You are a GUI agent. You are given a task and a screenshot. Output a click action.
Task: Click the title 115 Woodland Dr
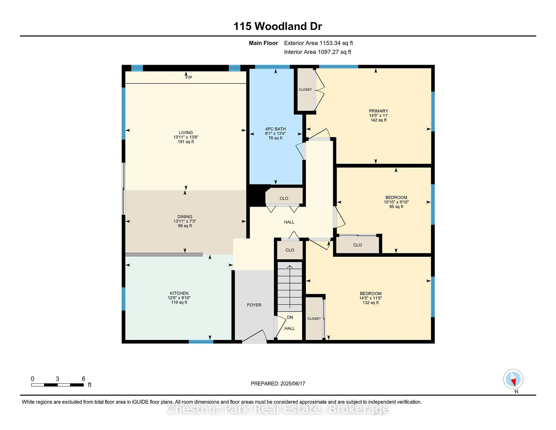(x=278, y=26)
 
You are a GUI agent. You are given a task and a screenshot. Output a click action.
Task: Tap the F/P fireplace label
(x=189, y=78)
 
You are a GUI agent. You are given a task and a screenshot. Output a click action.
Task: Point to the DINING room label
(x=185, y=217)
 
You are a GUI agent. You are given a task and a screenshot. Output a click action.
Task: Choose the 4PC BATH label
(x=275, y=129)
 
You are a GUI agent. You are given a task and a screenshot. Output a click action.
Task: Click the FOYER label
(x=254, y=305)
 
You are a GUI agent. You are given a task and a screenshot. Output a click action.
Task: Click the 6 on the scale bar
(x=83, y=379)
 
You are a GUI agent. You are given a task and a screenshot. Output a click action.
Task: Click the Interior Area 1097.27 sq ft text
(x=318, y=52)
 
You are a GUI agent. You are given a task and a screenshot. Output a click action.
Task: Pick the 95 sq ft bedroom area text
(x=396, y=207)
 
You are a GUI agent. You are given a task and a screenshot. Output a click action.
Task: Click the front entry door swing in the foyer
(x=255, y=336)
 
